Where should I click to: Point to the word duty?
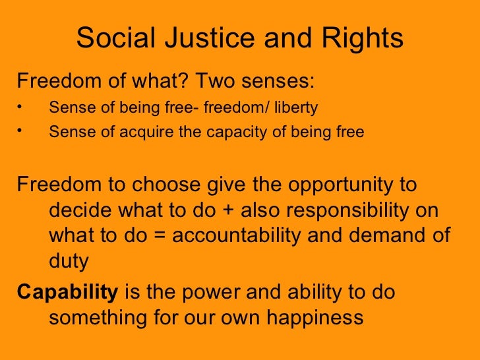click(x=69, y=262)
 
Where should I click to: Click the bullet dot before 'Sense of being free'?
click(x=20, y=107)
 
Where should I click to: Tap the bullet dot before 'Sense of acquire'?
click(x=20, y=131)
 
